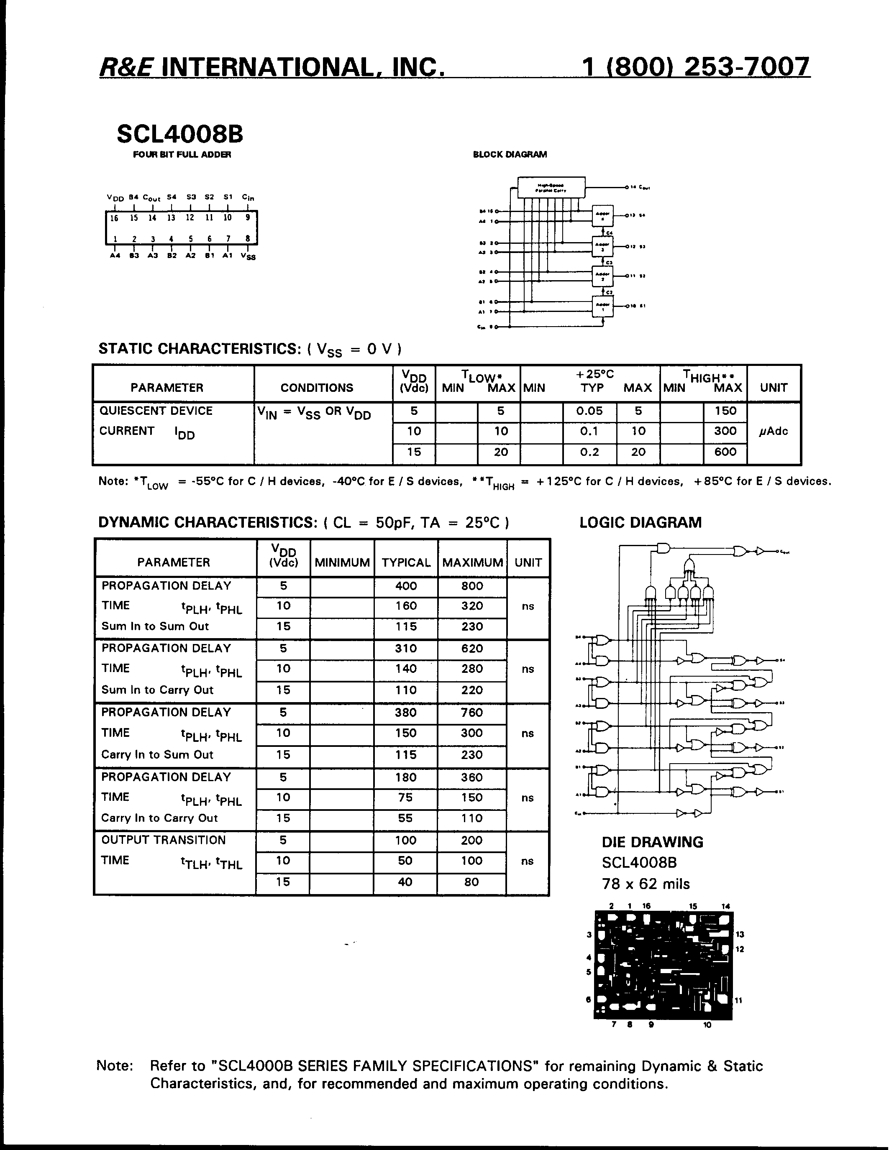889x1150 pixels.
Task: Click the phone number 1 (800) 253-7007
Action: click(695, 67)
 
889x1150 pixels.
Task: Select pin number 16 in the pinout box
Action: click(114, 218)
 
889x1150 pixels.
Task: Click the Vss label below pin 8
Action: click(248, 256)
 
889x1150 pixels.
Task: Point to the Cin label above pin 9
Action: click(248, 197)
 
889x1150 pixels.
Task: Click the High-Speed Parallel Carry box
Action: click(551, 187)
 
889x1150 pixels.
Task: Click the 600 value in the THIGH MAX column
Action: click(725, 452)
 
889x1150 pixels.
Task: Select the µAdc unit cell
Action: click(773, 431)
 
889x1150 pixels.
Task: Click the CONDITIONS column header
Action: click(317, 388)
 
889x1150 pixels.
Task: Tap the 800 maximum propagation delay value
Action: click(472, 586)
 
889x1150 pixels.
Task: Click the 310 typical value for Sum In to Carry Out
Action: click(405, 649)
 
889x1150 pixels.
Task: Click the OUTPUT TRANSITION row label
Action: click(163, 841)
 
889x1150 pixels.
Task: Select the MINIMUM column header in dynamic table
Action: click(342, 562)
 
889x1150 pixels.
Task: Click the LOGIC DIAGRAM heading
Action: click(640, 522)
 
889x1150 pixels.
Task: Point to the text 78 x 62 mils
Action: click(645, 884)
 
